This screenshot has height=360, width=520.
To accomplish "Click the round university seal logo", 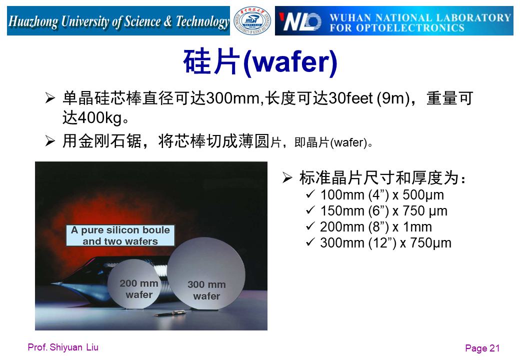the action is pos(252,21).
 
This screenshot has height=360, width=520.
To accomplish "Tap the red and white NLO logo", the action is pos(300,21).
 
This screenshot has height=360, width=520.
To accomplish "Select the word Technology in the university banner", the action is pos(202,21).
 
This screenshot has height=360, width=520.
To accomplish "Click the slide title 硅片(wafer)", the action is pos(260,61).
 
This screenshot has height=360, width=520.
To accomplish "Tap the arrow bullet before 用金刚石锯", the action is pos(50,141).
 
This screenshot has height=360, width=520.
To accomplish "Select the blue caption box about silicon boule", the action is pos(120,235).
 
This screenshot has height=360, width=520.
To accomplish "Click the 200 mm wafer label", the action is pos(139,288).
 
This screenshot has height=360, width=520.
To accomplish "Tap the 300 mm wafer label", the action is pos(206,290).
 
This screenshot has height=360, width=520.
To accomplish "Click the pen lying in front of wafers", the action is pos(171,312).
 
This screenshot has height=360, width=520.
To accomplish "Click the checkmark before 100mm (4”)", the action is pos(310,194).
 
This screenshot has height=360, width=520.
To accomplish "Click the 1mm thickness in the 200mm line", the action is pos(417,227).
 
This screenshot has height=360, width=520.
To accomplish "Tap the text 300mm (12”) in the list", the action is pos(358,243).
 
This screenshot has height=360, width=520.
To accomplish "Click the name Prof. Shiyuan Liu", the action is pos(63,347).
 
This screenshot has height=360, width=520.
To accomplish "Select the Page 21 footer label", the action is pos(482,348).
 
